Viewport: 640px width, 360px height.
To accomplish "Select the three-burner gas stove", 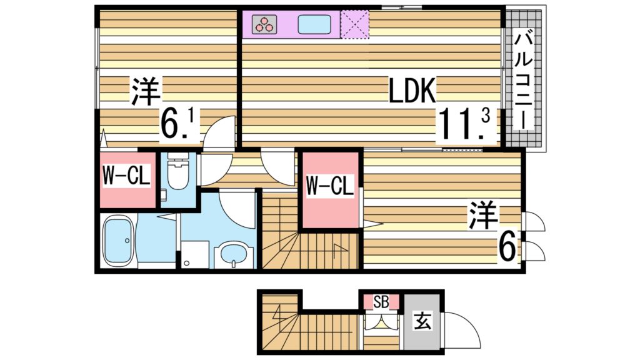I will pyautogui.click(x=264, y=24).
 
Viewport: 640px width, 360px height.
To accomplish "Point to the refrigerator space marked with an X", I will pyautogui.click(x=354, y=24).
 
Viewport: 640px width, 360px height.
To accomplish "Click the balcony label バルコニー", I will pyautogui.click(x=524, y=81).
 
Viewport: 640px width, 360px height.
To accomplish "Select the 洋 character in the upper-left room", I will pyautogui.click(x=146, y=92).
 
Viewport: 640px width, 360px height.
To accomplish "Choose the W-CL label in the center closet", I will pyautogui.click(x=330, y=185).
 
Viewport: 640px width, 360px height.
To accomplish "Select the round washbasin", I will pyautogui.click(x=234, y=256).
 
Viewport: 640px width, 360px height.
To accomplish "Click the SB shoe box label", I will pyautogui.click(x=381, y=302).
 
